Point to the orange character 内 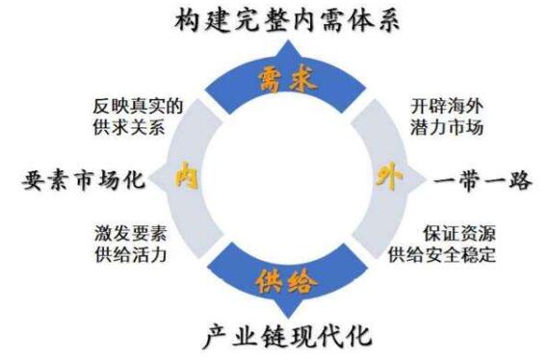(x=182, y=178)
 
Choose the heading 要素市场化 (x=81, y=180)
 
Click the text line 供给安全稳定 (x=444, y=255)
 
